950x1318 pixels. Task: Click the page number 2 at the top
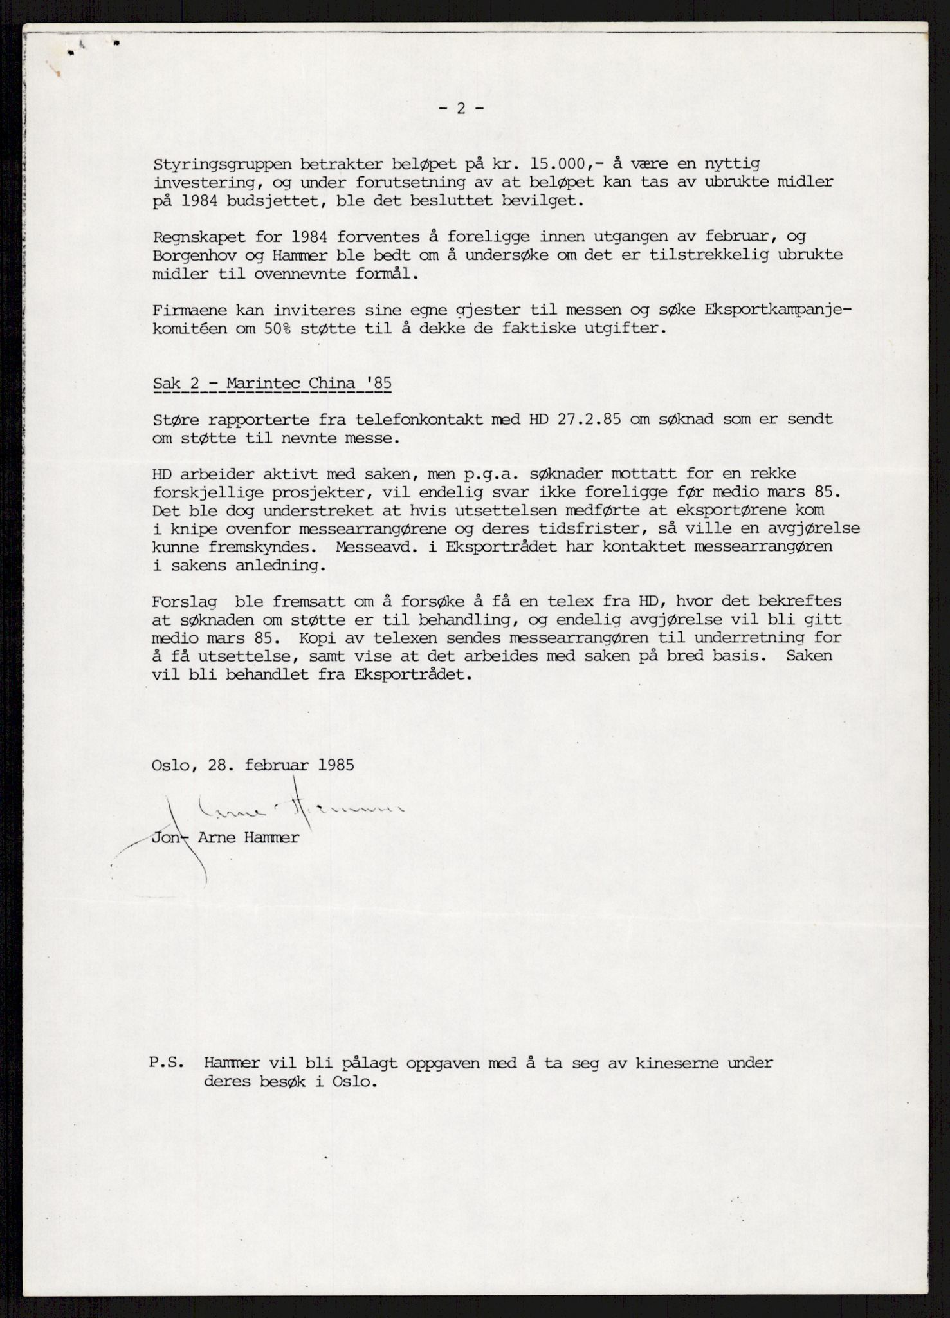pyautogui.click(x=461, y=108)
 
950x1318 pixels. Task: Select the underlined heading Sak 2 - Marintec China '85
pyautogui.click(x=272, y=384)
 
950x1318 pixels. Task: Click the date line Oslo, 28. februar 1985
pyautogui.click(x=253, y=765)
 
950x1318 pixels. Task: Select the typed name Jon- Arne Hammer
pyautogui.click(x=225, y=839)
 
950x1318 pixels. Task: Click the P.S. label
pyautogui.click(x=167, y=1063)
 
